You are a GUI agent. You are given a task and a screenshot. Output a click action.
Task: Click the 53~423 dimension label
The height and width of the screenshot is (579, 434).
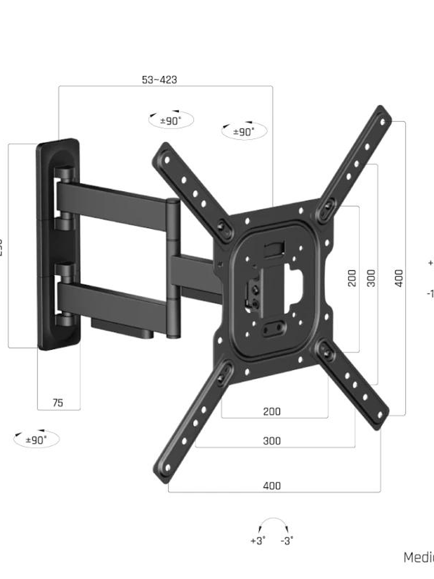[x=160, y=80]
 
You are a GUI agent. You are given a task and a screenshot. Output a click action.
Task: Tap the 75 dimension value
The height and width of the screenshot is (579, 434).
[x=58, y=403]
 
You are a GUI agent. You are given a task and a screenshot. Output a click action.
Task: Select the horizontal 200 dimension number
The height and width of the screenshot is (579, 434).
[x=272, y=411]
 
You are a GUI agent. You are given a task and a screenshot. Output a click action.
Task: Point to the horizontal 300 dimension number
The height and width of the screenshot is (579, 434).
[x=272, y=441]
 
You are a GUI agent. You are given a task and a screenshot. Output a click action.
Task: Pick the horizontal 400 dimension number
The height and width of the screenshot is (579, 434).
[x=272, y=486]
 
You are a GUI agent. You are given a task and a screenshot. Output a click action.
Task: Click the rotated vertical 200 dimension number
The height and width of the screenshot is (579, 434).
[x=352, y=278]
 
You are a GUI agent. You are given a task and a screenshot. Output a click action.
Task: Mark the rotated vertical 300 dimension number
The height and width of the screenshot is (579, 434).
[x=371, y=278]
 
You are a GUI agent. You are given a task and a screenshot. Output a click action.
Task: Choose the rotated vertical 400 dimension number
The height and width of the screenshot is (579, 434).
[x=398, y=278]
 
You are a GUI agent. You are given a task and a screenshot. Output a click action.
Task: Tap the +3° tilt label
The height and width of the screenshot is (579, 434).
[x=258, y=541]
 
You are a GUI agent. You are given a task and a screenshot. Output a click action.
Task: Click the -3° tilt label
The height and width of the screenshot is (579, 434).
[x=287, y=541]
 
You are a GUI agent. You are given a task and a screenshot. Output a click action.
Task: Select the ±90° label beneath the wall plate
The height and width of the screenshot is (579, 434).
[x=37, y=440]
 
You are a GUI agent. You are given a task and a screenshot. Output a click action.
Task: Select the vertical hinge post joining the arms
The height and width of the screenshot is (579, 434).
[x=173, y=267]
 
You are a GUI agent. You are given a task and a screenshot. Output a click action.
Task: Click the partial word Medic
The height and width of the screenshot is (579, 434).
[x=418, y=557]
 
